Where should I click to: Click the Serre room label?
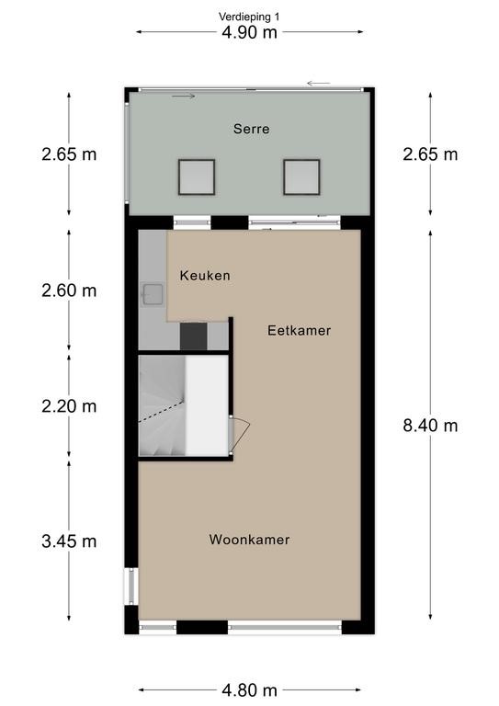coord(252,130)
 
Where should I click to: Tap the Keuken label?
coord(205,276)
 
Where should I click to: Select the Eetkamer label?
coord(300,331)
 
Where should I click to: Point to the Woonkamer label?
coord(249,540)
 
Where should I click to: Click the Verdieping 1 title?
coord(249,17)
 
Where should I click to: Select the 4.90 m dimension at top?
coord(249,33)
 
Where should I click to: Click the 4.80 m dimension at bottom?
coord(249,690)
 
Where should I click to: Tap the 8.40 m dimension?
coord(430,426)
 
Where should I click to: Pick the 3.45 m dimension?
coord(69,541)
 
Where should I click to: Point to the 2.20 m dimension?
coord(69,406)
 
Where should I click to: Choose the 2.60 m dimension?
coord(69,290)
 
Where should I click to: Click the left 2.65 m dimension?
coord(69,154)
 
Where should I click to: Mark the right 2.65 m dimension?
coord(430,154)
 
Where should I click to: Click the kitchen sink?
coord(153,294)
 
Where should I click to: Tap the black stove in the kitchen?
coord(194,336)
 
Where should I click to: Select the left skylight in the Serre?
coord(196,176)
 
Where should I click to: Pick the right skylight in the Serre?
coord(301,176)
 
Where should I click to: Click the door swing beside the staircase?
coord(239,434)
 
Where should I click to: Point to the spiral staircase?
coord(162,405)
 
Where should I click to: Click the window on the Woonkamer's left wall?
coord(131,586)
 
